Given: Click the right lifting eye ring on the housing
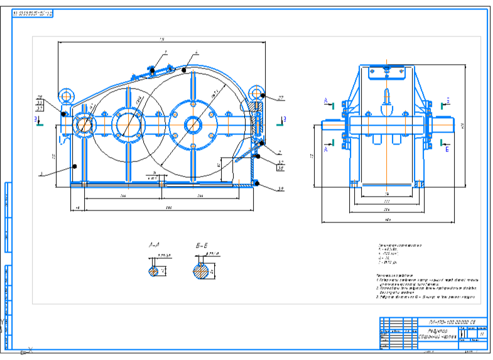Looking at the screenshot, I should click(x=257, y=93).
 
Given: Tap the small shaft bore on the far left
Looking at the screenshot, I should click(x=83, y=124).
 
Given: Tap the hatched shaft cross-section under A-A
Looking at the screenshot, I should click(x=154, y=271).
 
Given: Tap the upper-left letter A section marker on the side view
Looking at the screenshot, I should click(x=325, y=101).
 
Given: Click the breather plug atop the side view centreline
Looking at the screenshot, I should click(x=386, y=98).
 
